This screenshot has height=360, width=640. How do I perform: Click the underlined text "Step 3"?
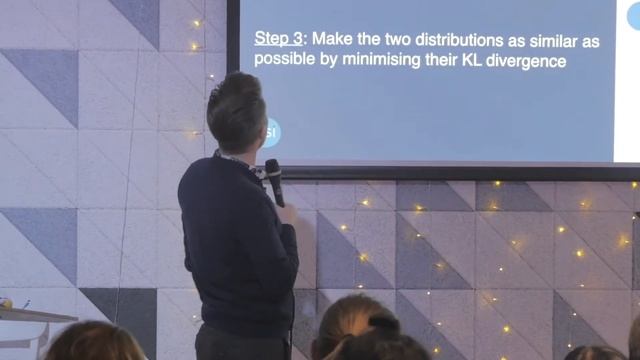[x=281, y=40]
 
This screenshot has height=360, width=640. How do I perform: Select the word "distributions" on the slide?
[x=469, y=40]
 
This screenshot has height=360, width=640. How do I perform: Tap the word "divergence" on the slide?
[x=528, y=60]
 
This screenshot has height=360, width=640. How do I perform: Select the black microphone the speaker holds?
[x=274, y=180]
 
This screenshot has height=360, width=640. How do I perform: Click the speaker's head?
[x=236, y=110]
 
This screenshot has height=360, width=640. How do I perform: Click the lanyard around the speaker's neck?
[x=243, y=161]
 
